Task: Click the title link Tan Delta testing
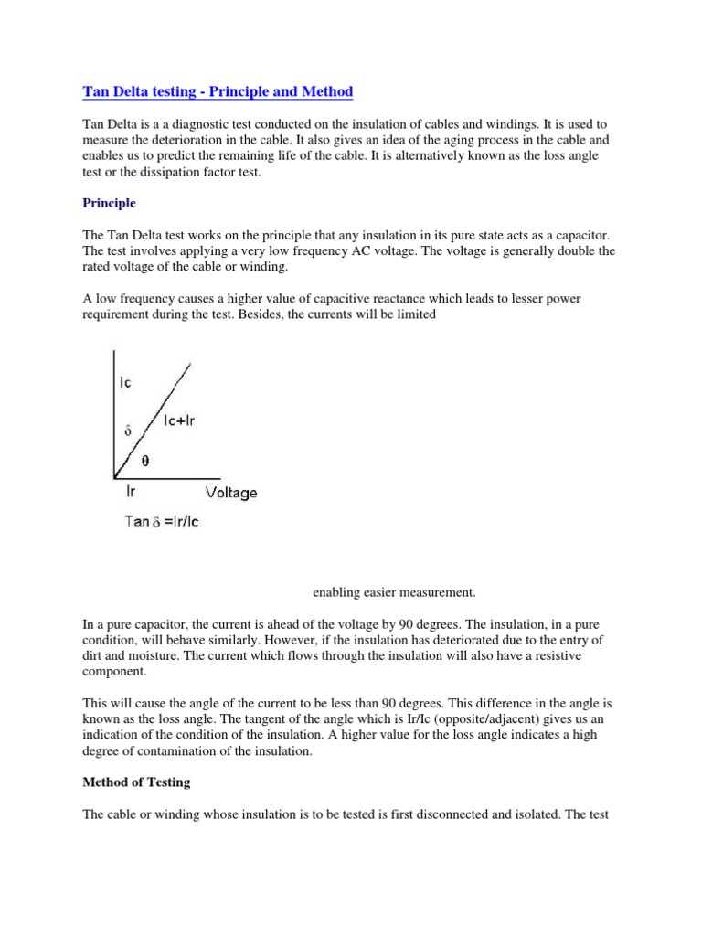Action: pos(218,92)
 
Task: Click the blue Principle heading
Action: pos(109,202)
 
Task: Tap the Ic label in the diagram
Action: pos(125,382)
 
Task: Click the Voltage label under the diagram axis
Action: pos(231,493)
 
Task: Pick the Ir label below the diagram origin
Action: pos(131,492)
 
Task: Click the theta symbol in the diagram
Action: pos(144,461)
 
